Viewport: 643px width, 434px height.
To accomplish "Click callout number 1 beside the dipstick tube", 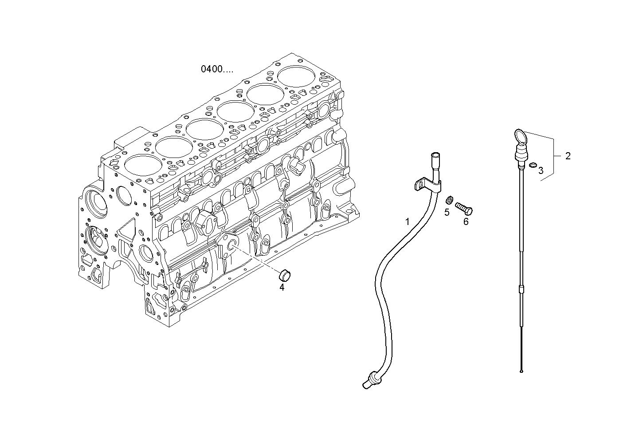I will coord(407,221).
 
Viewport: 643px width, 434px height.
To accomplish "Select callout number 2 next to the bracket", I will coord(568,156).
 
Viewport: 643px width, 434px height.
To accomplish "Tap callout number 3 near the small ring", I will coord(541,170).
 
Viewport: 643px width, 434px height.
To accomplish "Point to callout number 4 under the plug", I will coord(282,287).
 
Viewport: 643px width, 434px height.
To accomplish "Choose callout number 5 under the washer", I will coord(447,212).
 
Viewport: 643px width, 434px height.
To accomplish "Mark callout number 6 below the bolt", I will coord(466,221).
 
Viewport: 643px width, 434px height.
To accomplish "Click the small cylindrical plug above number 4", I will coord(282,275).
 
